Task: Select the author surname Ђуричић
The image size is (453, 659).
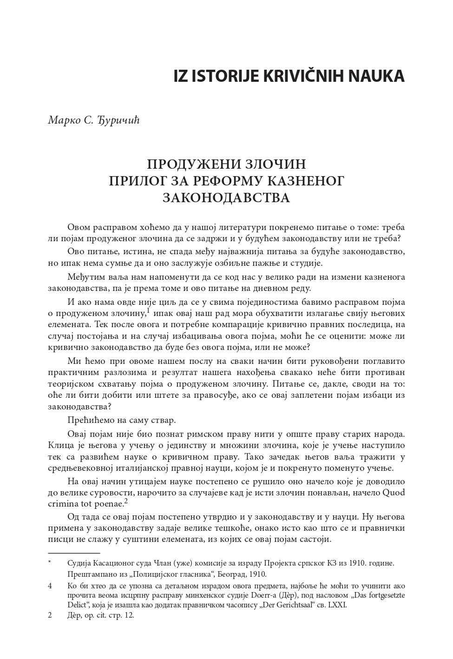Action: point(118,120)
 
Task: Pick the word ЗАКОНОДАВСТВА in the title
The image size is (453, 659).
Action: point(226,198)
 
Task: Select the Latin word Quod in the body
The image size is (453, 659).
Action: point(394,493)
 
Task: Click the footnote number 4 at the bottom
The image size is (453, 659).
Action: point(50,586)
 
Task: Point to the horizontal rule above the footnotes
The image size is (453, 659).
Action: point(74,554)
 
